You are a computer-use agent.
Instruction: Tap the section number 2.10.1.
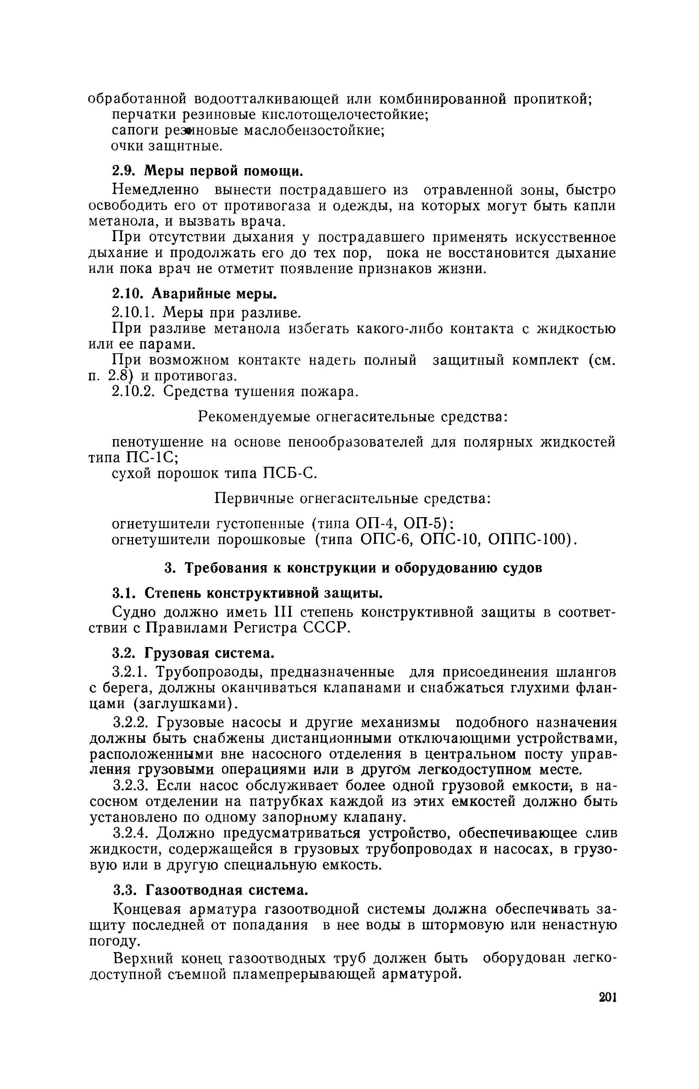(x=134, y=312)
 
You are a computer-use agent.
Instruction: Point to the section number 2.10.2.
(x=134, y=391)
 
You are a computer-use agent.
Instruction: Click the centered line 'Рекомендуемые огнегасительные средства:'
(x=353, y=416)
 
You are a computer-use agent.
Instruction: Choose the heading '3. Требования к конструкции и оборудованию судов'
(x=353, y=568)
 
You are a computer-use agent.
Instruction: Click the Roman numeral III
(x=287, y=612)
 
